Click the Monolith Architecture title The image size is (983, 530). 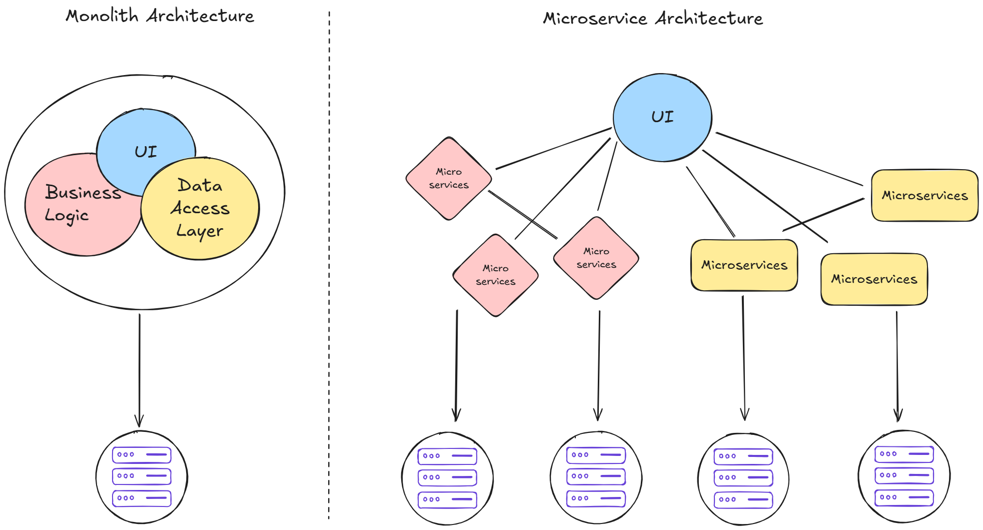click(x=160, y=16)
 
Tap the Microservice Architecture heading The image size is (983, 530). click(x=653, y=19)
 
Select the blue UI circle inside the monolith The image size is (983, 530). click(x=146, y=145)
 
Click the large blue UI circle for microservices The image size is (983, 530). click(x=662, y=117)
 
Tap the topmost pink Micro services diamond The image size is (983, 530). click(x=449, y=179)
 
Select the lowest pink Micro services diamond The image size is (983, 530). click(x=495, y=275)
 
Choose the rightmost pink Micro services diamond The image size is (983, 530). click(x=596, y=258)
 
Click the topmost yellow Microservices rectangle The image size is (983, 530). click(x=924, y=196)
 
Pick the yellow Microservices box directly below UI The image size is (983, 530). click(x=744, y=265)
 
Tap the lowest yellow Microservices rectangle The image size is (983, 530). click(x=874, y=279)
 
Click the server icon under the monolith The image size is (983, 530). click(x=142, y=477)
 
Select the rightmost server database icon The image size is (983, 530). click(x=904, y=476)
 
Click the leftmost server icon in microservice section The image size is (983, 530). click(x=447, y=478)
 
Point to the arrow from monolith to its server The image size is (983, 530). click(x=140, y=370)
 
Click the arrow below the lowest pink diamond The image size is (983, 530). click(x=456, y=365)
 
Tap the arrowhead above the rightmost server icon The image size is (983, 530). click(x=898, y=415)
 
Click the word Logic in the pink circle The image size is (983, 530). click(x=67, y=216)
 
